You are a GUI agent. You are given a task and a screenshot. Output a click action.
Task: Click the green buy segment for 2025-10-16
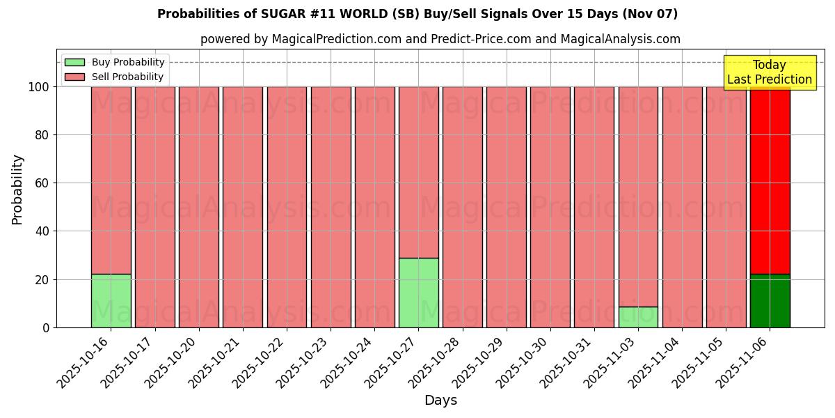click(111, 300)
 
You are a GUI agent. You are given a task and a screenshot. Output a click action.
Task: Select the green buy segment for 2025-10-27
click(418, 293)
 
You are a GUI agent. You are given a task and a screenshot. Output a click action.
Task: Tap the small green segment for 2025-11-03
click(638, 317)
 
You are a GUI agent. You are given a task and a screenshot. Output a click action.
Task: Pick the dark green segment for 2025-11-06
click(770, 300)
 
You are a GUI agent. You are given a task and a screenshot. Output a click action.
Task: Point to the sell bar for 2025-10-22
click(287, 207)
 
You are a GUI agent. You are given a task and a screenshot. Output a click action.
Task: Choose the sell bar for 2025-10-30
click(550, 207)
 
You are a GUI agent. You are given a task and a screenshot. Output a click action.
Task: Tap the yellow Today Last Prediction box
click(769, 72)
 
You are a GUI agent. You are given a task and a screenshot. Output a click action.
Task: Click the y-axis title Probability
click(17, 189)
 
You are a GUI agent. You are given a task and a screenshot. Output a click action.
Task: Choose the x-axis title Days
click(440, 401)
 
